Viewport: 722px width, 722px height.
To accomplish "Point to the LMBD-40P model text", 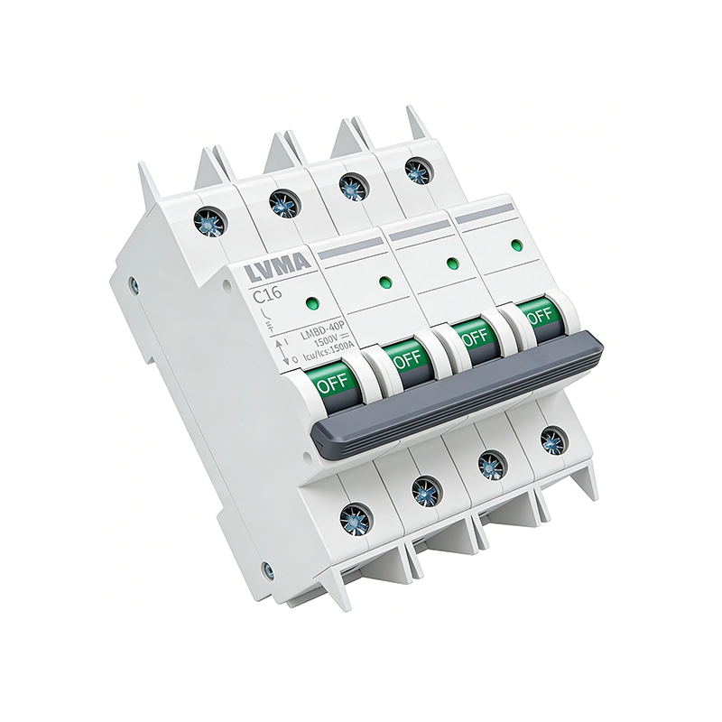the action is [x=322, y=329].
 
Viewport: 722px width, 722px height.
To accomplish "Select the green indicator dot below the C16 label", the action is [x=313, y=303].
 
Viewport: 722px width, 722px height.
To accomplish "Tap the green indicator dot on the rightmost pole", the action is [x=517, y=245].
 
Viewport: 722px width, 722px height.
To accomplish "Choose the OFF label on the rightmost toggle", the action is [x=539, y=316].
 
